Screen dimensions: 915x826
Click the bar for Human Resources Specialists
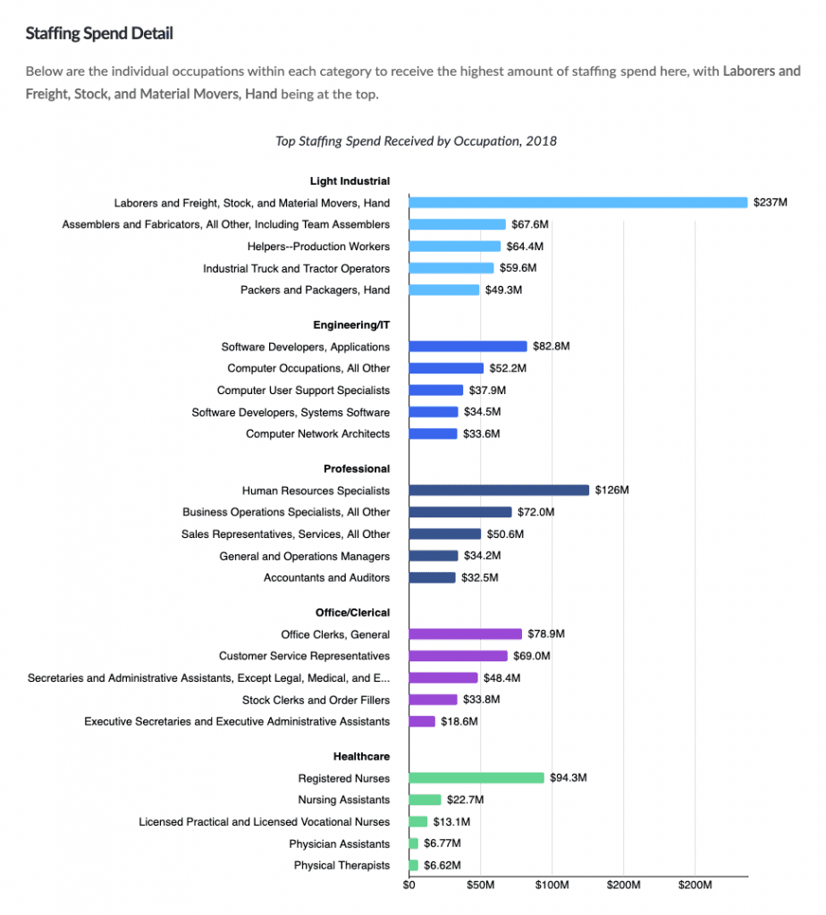(x=499, y=491)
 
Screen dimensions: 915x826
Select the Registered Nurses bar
(x=476, y=778)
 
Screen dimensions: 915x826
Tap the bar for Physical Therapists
(x=413, y=866)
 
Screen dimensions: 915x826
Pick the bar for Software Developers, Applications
(x=468, y=347)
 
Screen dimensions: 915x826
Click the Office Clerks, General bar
(x=465, y=634)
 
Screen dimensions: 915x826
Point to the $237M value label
(x=770, y=203)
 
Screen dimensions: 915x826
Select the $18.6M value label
(x=459, y=721)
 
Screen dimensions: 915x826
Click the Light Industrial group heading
(x=350, y=181)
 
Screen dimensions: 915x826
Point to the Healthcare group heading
(x=361, y=757)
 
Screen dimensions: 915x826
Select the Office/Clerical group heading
(x=352, y=613)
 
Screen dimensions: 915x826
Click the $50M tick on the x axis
(x=480, y=886)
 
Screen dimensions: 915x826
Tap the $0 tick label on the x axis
(x=409, y=886)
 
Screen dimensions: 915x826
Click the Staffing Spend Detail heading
(x=99, y=34)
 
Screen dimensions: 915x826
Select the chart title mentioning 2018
(x=417, y=141)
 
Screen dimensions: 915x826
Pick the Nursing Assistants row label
(x=344, y=800)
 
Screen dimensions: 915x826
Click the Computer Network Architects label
(x=318, y=434)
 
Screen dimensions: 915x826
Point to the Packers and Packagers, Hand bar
(x=443, y=290)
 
